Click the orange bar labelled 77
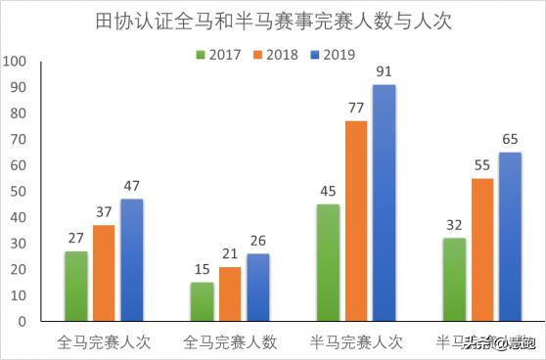click(x=356, y=222)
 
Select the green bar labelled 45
click(x=328, y=263)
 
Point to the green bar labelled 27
click(x=75, y=287)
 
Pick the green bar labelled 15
click(x=202, y=302)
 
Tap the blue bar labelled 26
click(x=258, y=288)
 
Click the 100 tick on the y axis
click(x=16, y=61)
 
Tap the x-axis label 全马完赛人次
click(x=104, y=342)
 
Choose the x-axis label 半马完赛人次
click(x=356, y=342)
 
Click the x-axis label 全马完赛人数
click(x=230, y=342)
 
